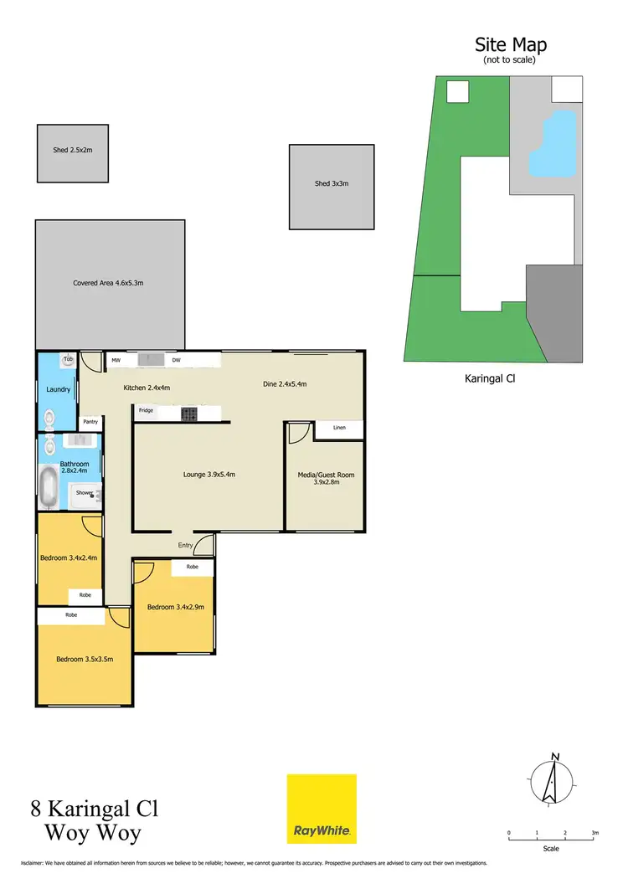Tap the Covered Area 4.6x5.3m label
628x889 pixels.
(108, 283)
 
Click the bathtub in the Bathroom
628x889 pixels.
(50, 487)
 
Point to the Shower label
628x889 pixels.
(84, 493)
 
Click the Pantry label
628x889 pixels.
(90, 422)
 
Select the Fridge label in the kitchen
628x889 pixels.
(147, 411)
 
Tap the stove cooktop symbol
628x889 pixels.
(188, 413)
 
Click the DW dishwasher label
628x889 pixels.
(176, 361)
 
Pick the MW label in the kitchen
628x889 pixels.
(116, 361)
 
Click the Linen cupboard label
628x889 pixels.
(338, 429)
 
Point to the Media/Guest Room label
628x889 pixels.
(326, 478)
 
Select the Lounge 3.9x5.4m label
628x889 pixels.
(208, 475)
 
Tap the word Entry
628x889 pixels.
(185, 545)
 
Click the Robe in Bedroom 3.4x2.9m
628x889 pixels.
(192, 567)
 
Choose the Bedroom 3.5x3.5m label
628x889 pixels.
(84, 659)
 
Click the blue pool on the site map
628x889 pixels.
(553, 146)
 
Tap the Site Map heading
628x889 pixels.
(511, 44)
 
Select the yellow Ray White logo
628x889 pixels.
(322, 809)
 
